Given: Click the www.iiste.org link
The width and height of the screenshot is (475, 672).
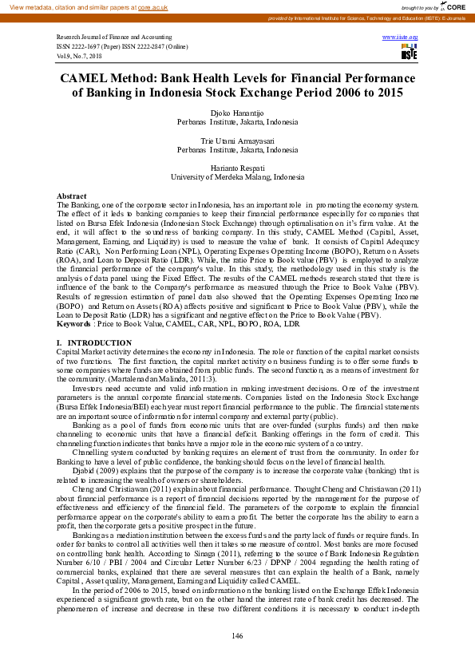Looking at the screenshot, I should click(x=401, y=38).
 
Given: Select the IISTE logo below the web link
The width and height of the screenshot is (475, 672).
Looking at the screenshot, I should click(x=409, y=52).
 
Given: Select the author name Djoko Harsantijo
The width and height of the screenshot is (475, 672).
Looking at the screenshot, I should click(x=237, y=115).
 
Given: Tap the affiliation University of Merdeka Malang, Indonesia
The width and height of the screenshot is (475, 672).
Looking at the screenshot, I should click(x=237, y=176).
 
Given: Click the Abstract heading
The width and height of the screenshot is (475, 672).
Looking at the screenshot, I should click(x=72, y=196).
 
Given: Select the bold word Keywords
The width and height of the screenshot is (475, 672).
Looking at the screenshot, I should click(x=73, y=325).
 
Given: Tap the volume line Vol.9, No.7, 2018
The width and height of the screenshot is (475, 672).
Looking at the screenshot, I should click(x=80, y=55).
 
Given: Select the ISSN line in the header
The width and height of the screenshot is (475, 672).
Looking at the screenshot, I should click(x=116, y=46).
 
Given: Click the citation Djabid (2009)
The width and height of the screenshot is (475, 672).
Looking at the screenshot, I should click(x=96, y=472).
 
